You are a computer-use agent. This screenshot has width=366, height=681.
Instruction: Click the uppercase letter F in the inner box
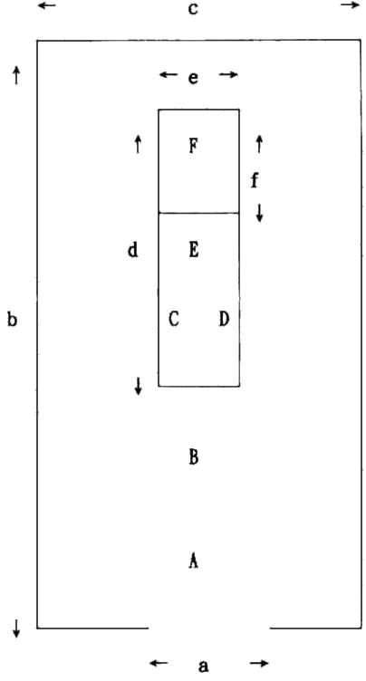[x=194, y=146]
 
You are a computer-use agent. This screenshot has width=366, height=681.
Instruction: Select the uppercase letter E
[x=194, y=250]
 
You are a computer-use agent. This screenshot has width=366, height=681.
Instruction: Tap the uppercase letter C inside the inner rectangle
[x=173, y=319]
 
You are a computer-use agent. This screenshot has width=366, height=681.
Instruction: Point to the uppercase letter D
[x=224, y=319]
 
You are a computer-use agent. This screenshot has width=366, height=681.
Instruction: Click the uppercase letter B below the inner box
[x=194, y=457]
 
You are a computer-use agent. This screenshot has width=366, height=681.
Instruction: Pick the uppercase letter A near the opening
[x=194, y=561]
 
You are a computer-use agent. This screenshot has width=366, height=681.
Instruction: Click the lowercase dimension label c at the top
[x=193, y=9]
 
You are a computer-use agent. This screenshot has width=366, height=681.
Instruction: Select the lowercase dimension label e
[x=193, y=78]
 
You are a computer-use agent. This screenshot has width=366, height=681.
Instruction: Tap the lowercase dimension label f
[x=255, y=180]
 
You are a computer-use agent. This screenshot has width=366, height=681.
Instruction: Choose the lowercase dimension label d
[x=132, y=250]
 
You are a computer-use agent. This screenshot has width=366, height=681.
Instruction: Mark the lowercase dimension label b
[x=12, y=320]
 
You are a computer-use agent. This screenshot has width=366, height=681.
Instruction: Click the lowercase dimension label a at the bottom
[x=203, y=666]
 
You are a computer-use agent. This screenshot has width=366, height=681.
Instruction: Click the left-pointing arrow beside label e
[x=169, y=74]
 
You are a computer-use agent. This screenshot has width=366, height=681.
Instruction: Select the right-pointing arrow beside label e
[x=228, y=74]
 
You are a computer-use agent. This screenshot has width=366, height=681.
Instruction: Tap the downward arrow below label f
[x=259, y=213]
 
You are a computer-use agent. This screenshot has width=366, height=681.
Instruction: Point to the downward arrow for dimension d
[x=139, y=386]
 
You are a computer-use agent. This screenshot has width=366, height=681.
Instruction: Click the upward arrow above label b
[x=16, y=74]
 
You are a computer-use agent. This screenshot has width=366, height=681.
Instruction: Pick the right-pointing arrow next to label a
[x=259, y=663]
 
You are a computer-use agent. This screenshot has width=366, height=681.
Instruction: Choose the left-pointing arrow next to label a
[x=159, y=663]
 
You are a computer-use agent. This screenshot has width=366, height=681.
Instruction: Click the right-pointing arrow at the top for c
[x=351, y=5]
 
